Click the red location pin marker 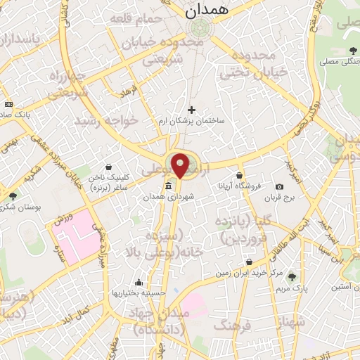(181, 165)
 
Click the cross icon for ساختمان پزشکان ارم (191, 110)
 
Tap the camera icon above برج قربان (280, 187)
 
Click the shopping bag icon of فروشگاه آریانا (240, 176)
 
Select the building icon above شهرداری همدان (168, 186)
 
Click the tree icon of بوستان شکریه (12, 196)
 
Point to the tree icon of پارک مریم (292, 278)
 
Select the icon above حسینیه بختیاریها (139, 283)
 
